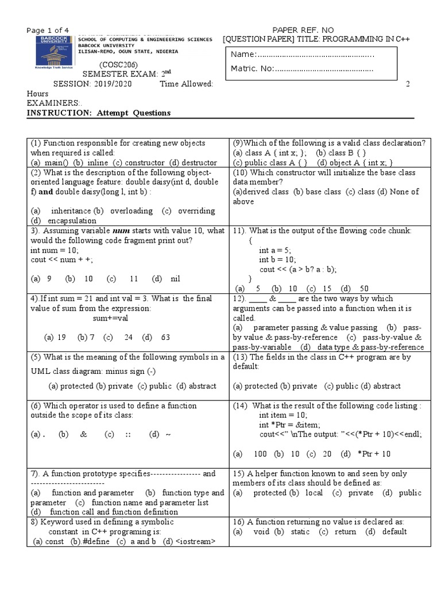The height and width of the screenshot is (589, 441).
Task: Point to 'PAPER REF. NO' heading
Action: [x=302, y=30]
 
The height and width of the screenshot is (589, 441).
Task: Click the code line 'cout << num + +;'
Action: [x=62, y=260]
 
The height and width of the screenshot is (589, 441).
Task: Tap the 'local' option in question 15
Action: [x=314, y=493]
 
